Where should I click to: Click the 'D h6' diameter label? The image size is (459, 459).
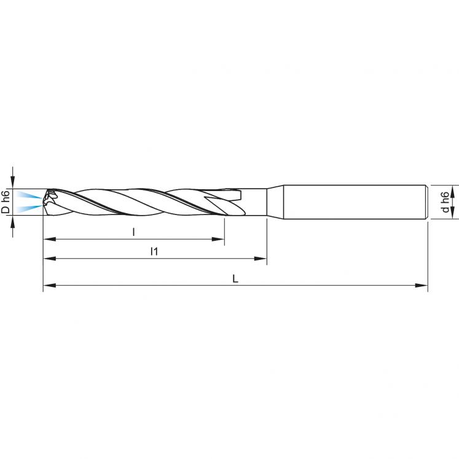click(5, 202)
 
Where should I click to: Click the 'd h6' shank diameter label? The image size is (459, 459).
click(444, 202)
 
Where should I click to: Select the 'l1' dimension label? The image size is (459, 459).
click(154, 251)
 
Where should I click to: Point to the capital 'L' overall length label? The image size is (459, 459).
click(235, 278)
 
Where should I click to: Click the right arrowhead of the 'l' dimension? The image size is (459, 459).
click(219, 239)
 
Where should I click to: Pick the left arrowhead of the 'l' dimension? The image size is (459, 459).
click(48, 239)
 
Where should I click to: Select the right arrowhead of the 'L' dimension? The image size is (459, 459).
click(423, 286)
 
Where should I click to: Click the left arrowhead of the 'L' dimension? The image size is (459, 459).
click(48, 286)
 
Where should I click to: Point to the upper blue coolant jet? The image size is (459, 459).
click(28, 195)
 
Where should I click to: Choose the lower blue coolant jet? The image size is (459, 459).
click(28, 208)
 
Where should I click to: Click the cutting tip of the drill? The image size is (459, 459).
click(46, 202)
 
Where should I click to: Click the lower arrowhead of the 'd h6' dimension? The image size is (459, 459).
click(453, 213)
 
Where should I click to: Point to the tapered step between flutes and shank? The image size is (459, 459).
click(274, 202)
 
